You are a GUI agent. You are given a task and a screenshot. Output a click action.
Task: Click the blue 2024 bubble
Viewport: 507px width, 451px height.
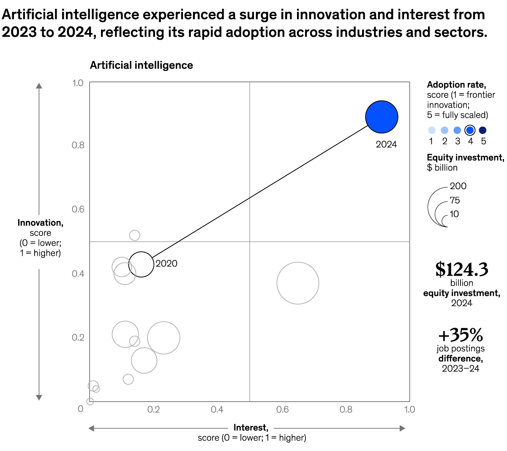click(382, 117)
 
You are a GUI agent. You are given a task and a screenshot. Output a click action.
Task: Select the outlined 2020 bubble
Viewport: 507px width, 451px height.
click(141, 264)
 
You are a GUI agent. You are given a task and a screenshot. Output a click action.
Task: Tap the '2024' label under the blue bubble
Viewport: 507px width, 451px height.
click(386, 144)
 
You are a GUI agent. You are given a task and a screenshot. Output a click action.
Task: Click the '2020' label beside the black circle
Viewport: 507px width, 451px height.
click(166, 264)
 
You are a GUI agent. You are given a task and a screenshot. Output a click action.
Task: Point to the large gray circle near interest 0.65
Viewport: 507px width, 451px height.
click(298, 283)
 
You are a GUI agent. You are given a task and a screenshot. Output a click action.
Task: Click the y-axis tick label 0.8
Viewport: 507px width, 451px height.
click(78, 145)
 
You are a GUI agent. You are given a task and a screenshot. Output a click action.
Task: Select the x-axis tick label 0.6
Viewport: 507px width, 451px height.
click(282, 410)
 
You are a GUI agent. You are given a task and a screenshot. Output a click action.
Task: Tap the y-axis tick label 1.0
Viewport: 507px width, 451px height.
click(78, 83)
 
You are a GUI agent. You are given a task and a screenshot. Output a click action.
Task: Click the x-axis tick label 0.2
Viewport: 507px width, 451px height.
click(154, 410)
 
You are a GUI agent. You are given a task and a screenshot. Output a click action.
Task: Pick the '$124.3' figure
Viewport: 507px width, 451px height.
click(461, 269)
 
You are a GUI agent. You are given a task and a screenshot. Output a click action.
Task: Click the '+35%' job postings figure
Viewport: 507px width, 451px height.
click(461, 335)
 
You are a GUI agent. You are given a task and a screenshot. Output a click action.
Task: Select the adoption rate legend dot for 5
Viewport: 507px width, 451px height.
click(483, 130)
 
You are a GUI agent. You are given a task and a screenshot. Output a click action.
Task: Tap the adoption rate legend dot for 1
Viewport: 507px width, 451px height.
click(431, 130)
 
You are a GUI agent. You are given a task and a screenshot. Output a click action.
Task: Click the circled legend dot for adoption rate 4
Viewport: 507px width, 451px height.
click(470, 130)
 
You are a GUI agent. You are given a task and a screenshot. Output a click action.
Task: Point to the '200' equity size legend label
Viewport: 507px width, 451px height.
click(458, 186)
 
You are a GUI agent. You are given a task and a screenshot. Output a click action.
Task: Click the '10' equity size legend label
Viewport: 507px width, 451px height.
click(454, 214)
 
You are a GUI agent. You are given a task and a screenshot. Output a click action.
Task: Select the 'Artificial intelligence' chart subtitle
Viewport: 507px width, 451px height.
click(142, 65)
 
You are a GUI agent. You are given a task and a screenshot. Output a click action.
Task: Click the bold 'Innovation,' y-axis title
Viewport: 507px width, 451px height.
click(41, 223)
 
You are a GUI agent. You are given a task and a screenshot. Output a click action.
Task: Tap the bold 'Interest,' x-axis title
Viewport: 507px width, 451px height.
click(251, 428)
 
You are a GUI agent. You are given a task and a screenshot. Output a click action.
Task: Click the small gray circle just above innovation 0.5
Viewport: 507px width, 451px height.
click(134, 235)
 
